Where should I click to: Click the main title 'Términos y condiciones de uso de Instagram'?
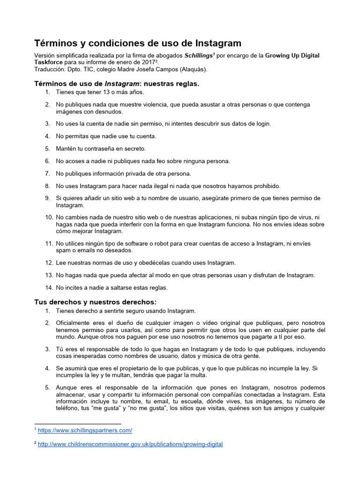pos(138,43)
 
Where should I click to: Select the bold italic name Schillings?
pos(198,55)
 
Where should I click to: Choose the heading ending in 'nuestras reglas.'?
pos(117,84)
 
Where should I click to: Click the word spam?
pos(63,250)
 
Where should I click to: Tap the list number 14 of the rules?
pos(49,287)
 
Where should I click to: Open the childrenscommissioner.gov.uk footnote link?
pos(130,444)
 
